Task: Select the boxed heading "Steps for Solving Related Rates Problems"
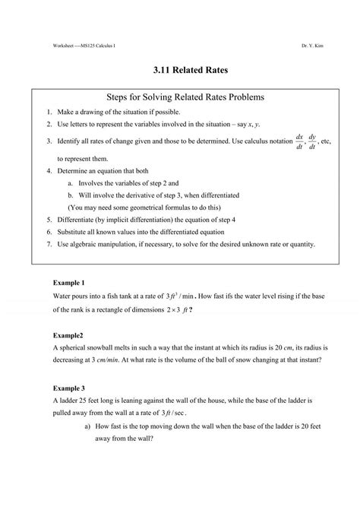click(x=180, y=98)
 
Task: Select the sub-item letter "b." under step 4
click(x=70, y=195)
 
